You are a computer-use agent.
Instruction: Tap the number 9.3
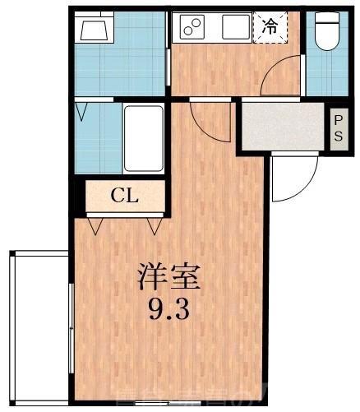pos(168,311)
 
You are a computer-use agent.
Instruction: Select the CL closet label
pos(125,196)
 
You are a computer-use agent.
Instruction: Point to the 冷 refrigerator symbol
pos(269,26)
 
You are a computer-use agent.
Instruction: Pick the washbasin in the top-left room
pos(95,31)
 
